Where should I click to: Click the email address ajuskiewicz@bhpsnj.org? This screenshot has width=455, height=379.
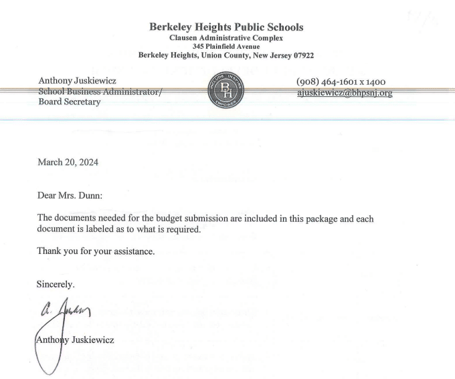tap(344, 92)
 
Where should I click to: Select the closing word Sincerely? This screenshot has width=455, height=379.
tap(56, 284)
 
